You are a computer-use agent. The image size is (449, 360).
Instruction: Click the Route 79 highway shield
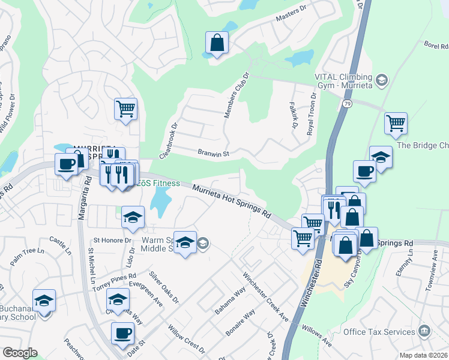[347, 104]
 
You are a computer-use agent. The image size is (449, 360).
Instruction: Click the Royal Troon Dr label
[312, 114]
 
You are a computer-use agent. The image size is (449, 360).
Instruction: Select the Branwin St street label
[214, 154]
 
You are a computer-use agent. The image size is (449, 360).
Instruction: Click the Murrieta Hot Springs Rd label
[232, 201]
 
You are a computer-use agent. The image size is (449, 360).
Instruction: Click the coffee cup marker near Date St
[123, 334]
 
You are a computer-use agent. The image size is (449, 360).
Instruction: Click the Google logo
[20, 352]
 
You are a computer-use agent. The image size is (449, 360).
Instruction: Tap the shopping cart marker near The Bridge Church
[396, 124]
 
